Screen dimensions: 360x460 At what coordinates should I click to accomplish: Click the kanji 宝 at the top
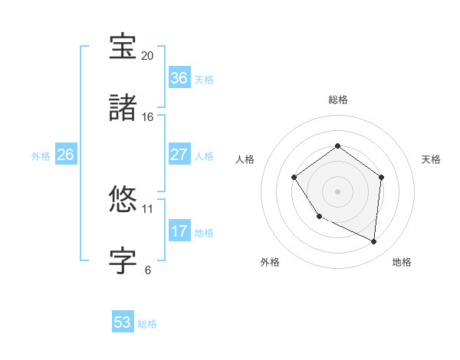[123, 47]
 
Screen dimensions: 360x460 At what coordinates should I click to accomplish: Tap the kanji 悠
[123, 199]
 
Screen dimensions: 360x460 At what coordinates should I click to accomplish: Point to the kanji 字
[123, 260]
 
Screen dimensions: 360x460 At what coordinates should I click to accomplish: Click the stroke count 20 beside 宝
[147, 56]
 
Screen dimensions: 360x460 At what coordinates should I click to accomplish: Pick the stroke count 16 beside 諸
[147, 117]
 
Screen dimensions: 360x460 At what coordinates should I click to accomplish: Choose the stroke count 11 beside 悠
[147, 208]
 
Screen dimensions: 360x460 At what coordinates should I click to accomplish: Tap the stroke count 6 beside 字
[147, 270]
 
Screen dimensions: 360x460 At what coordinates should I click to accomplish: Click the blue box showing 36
[179, 78]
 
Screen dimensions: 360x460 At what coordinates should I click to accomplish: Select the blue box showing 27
[179, 155]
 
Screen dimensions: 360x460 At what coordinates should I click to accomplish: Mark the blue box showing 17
[179, 231]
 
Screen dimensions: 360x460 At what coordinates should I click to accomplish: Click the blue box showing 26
[65, 155]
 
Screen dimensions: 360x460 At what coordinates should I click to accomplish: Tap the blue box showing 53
[123, 322]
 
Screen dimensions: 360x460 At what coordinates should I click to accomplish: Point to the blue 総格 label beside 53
[147, 324]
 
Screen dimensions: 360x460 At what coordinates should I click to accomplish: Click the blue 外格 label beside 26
[41, 156]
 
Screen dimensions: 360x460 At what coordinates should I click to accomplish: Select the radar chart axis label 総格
[338, 100]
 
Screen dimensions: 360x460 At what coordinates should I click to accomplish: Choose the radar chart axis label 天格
[432, 159]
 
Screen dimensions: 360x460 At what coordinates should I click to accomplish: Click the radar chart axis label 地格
[402, 263]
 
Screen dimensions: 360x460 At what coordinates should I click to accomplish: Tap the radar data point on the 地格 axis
[374, 242]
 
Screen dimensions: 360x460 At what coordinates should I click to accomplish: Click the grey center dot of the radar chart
[338, 191]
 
